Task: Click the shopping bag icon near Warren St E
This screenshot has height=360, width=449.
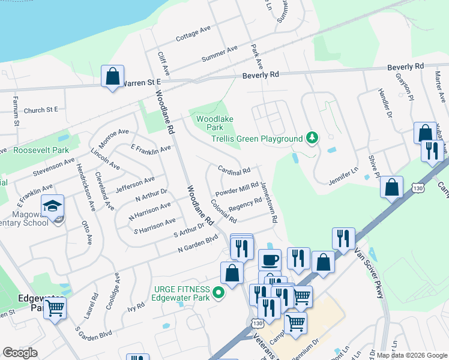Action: [x=112, y=77]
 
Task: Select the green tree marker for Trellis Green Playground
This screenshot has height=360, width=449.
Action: [x=312, y=139]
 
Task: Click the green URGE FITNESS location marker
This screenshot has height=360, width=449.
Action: [x=219, y=293]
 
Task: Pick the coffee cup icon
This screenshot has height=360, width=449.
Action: [x=270, y=260]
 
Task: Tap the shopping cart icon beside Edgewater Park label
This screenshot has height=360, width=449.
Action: [x=55, y=308]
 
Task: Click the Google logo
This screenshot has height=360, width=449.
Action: [x=20, y=353]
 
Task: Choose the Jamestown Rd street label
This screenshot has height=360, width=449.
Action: [x=268, y=203]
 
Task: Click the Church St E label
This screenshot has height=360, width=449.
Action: [x=41, y=110]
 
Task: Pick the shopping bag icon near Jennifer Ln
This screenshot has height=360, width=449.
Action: [x=391, y=187]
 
